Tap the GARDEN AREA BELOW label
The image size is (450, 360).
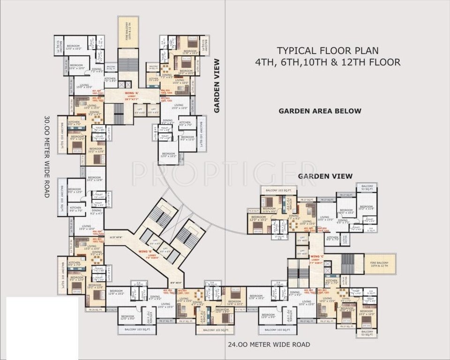pyautogui.click(x=320, y=111)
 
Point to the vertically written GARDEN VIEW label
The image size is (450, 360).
pyautogui.click(x=217, y=86)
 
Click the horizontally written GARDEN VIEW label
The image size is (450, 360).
pyautogui.click(x=325, y=176)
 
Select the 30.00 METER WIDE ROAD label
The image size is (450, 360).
pyautogui.click(x=47, y=156)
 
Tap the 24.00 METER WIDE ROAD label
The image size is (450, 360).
pyautogui.click(x=269, y=345)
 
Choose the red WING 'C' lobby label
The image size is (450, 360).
pyautogui.click(x=315, y=257)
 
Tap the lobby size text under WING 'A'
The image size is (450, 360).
pyautogui.click(x=131, y=99)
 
